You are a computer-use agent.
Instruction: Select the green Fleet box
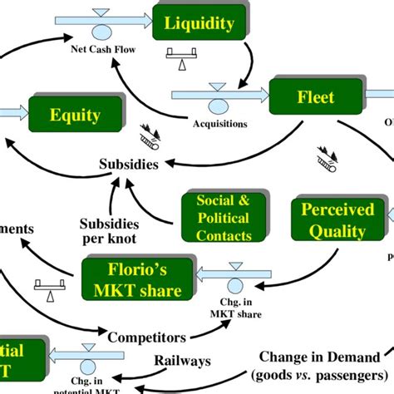(x=315, y=98)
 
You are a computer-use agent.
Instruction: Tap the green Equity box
(x=75, y=116)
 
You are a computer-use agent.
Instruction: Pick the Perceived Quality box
(x=337, y=219)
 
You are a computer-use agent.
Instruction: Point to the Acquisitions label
(x=219, y=124)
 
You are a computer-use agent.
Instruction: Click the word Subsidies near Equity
(x=129, y=164)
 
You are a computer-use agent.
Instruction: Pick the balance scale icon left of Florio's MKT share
(x=47, y=286)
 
